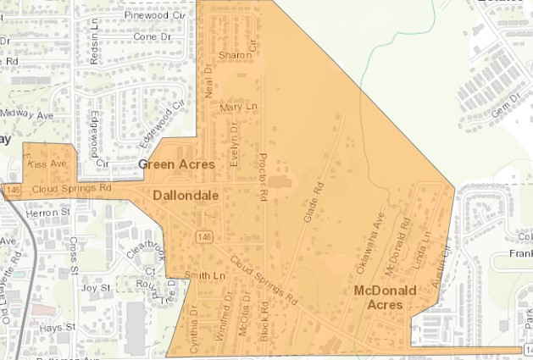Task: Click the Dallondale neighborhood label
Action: [186, 196]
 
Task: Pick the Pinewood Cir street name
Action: [154, 15]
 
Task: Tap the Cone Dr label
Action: [153, 37]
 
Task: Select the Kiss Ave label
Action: [49, 163]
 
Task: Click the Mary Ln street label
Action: [237, 108]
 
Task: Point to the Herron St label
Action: [47, 213]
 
